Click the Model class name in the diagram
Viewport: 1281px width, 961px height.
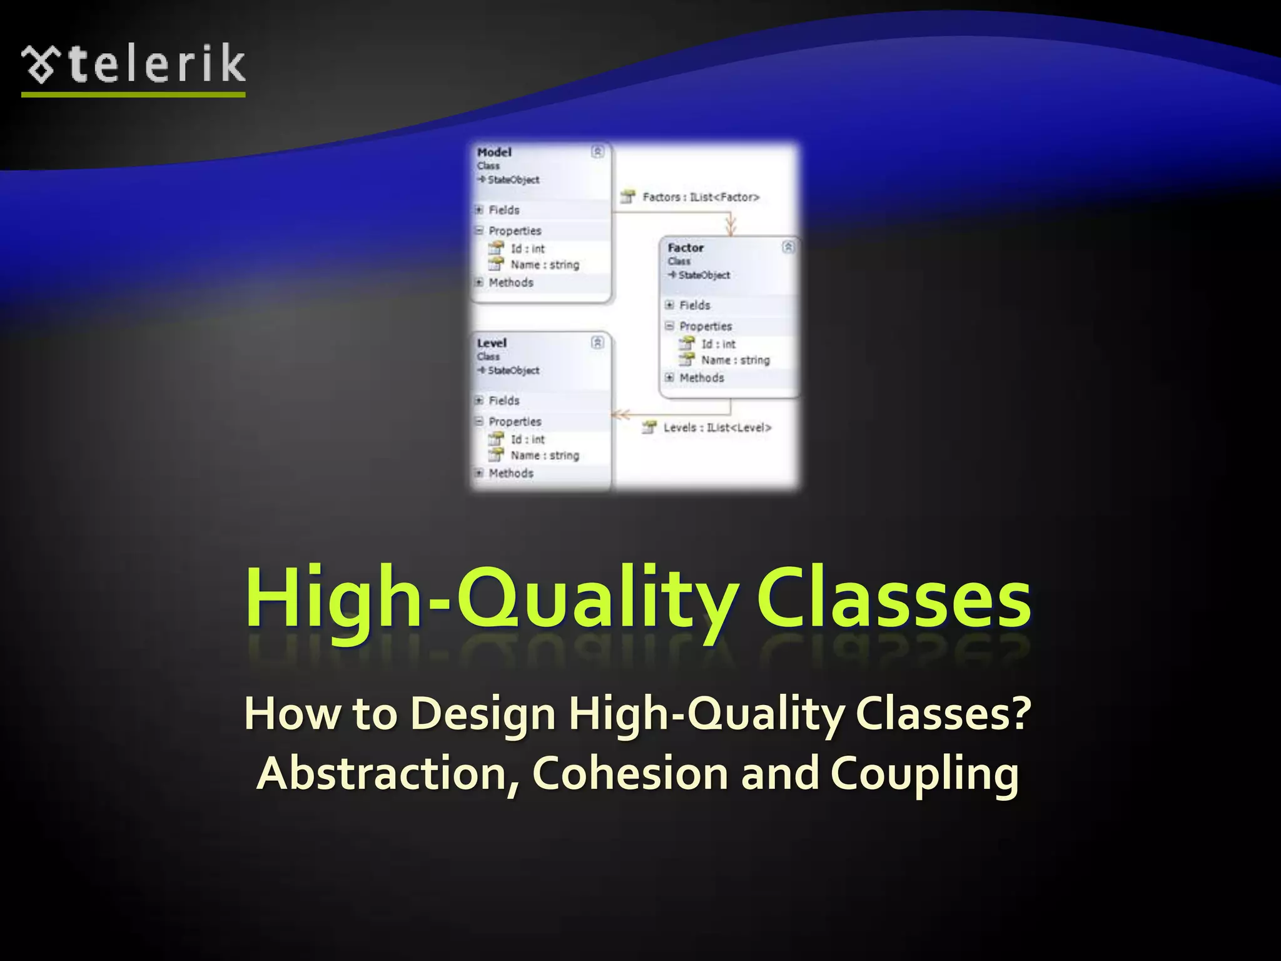(494, 152)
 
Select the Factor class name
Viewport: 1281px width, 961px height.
(686, 248)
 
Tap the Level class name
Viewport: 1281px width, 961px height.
(492, 343)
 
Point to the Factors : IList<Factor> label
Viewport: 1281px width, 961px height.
(701, 197)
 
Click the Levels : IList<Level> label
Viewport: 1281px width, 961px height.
(717, 427)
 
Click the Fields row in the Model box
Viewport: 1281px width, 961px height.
(504, 210)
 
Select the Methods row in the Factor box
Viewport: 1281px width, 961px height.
(701, 378)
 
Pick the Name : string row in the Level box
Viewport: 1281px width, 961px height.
(544, 455)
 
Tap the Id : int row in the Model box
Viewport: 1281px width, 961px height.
(527, 248)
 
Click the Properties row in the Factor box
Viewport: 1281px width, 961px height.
(705, 326)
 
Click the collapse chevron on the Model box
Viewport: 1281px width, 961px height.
(597, 151)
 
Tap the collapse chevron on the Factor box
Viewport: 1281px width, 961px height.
(788, 247)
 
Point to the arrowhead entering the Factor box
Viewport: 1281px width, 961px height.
(731, 226)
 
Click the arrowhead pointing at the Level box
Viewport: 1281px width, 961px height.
(620, 414)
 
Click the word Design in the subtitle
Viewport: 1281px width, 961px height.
(484, 713)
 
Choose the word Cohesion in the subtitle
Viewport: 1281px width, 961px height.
(630, 773)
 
